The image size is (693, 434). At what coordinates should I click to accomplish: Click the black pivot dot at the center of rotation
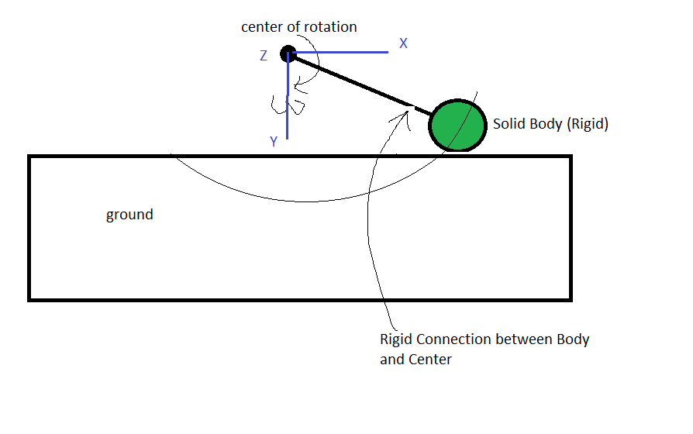[288, 53]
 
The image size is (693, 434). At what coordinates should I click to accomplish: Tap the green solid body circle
[457, 125]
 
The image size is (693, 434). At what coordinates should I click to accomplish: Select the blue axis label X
[403, 43]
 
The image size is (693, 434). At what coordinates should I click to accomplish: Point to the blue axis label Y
[274, 142]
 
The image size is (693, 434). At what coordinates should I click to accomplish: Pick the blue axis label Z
[264, 56]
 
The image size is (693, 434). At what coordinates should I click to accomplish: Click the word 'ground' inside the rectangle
[129, 215]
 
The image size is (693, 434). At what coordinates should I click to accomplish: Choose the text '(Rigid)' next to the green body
[588, 124]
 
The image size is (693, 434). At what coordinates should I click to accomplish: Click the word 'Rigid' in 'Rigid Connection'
[396, 339]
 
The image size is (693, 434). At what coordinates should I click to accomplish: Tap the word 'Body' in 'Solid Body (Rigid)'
[546, 124]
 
